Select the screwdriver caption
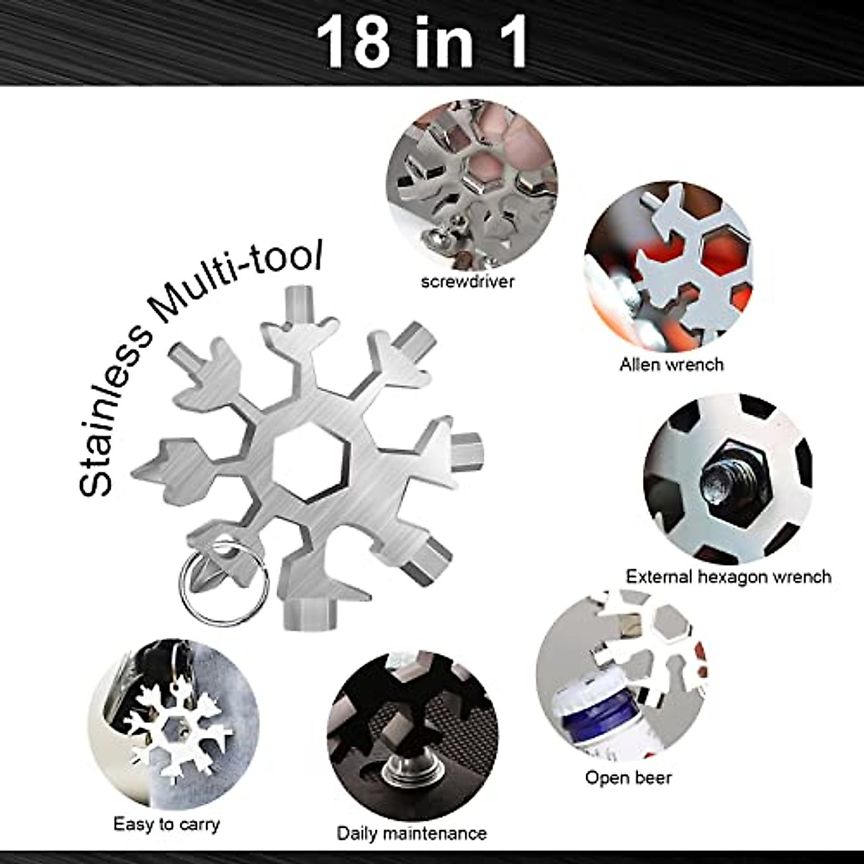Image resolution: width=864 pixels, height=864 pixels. (468, 282)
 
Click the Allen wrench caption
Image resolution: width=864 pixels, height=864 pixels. (671, 364)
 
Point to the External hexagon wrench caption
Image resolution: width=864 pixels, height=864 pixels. (728, 577)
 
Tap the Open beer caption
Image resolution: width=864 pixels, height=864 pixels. (628, 778)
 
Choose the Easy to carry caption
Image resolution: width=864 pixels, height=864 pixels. (166, 804)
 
